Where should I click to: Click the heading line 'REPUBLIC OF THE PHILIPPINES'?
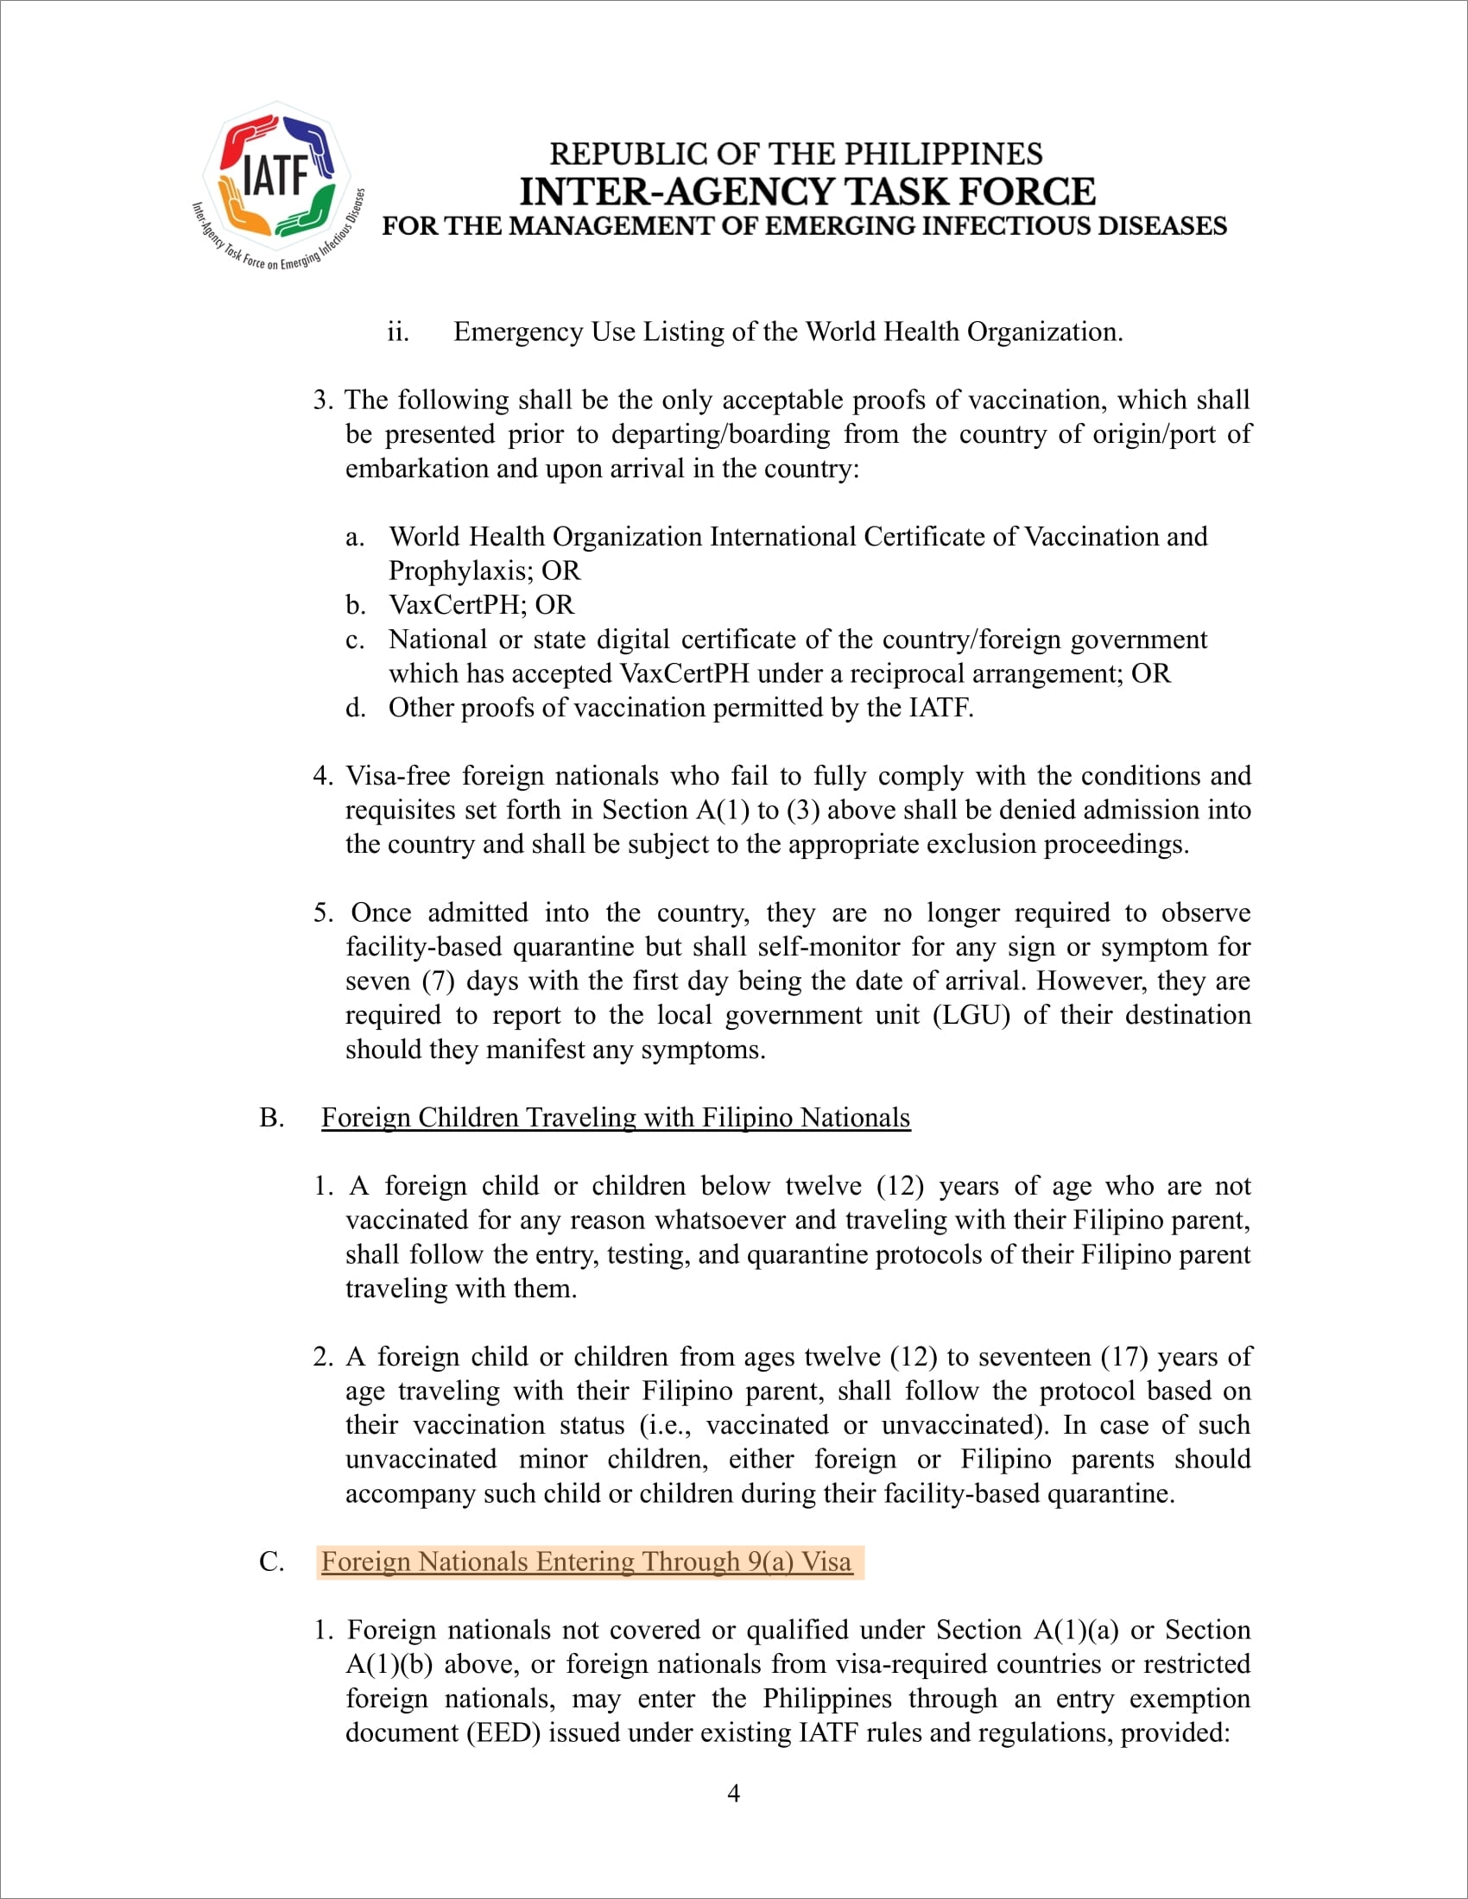tap(796, 154)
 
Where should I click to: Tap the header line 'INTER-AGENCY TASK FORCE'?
tap(807, 192)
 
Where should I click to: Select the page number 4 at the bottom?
tap(733, 1793)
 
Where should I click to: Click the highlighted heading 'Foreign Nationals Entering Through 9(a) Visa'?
tap(586, 1561)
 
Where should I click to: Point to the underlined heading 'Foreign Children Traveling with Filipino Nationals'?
tap(616, 1117)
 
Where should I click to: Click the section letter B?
tap(270, 1117)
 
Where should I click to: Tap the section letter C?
tap(270, 1561)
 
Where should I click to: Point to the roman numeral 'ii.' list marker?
tap(397, 332)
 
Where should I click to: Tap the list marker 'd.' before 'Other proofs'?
tap(355, 708)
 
